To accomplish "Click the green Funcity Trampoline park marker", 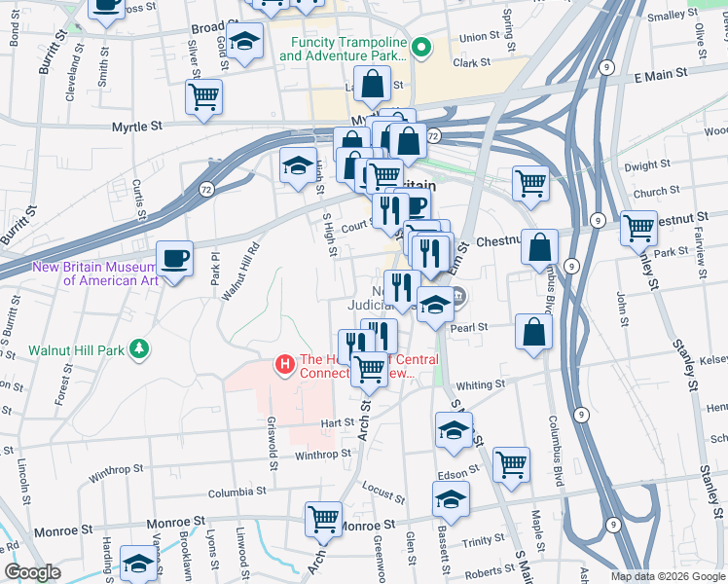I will pyautogui.click(x=421, y=47).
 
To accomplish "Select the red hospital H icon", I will pyautogui.click(x=285, y=365).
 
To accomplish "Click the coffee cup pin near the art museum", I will pyautogui.click(x=175, y=259).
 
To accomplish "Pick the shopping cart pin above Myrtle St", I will pyautogui.click(x=203, y=96).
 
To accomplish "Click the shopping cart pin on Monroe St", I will pyautogui.click(x=324, y=520).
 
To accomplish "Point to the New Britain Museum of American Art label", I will pyautogui.click(x=94, y=274).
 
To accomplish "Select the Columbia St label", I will pyautogui.click(x=237, y=493).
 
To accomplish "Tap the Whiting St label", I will pyautogui.click(x=481, y=385).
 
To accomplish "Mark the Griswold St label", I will pyautogui.click(x=273, y=440).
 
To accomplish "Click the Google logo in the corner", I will pyautogui.click(x=32, y=572).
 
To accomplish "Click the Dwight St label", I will pyautogui.click(x=643, y=166).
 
